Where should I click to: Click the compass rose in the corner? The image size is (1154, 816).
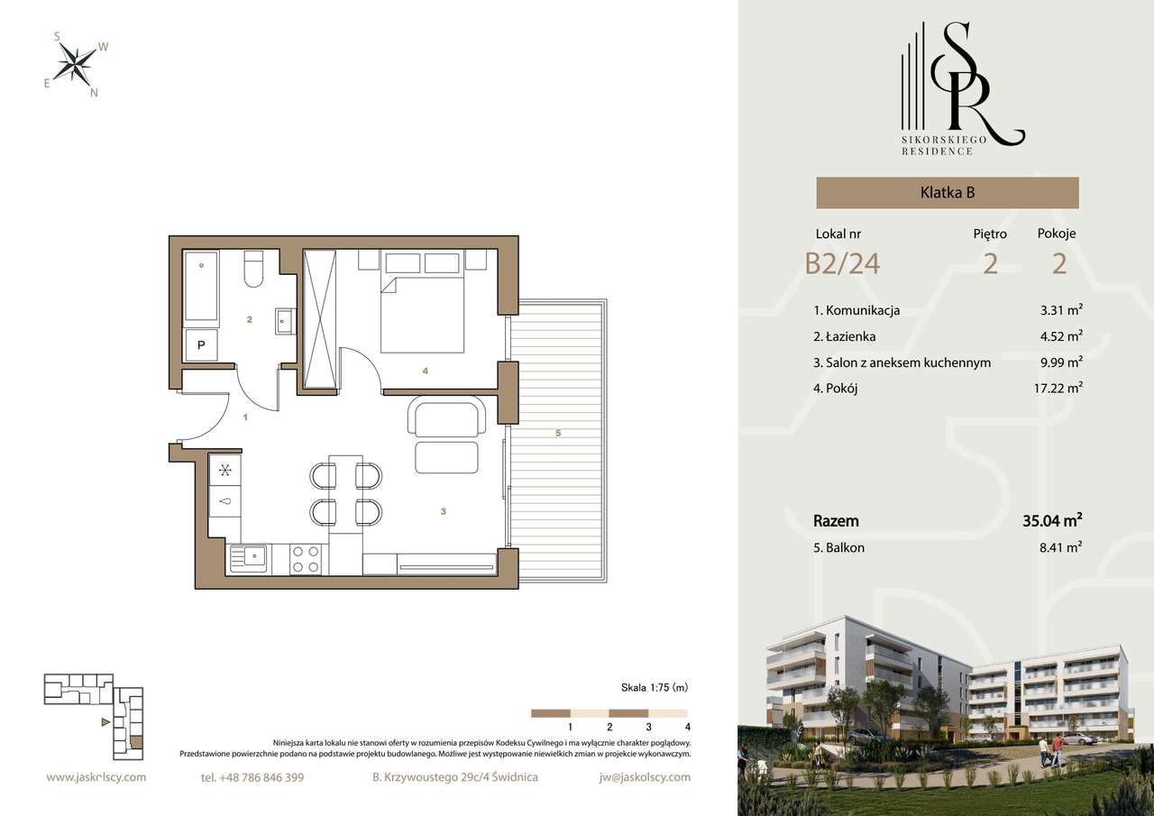point(77,62)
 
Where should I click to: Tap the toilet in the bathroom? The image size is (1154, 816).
point(253,270)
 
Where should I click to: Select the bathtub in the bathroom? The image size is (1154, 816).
point(202,287)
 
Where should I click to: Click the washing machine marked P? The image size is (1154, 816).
point(201,344)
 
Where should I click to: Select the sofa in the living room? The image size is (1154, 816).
point(446,419)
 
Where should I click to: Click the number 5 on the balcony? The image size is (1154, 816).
point(558,434)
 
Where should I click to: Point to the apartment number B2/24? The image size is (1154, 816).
point(842,263)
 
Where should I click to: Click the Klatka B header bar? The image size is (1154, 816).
point(947,192)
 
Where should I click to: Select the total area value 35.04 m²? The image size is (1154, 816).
point(1052,520)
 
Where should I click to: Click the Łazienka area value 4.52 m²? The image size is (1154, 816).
point(1061,336)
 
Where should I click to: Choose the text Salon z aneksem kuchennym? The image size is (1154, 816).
point(902,362)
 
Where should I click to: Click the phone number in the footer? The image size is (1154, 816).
point(252,777)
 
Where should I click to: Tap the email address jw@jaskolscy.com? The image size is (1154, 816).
point(644,777)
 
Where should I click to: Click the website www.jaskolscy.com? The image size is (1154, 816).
point(96,777)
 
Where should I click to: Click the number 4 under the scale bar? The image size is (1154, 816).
point(687,726)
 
